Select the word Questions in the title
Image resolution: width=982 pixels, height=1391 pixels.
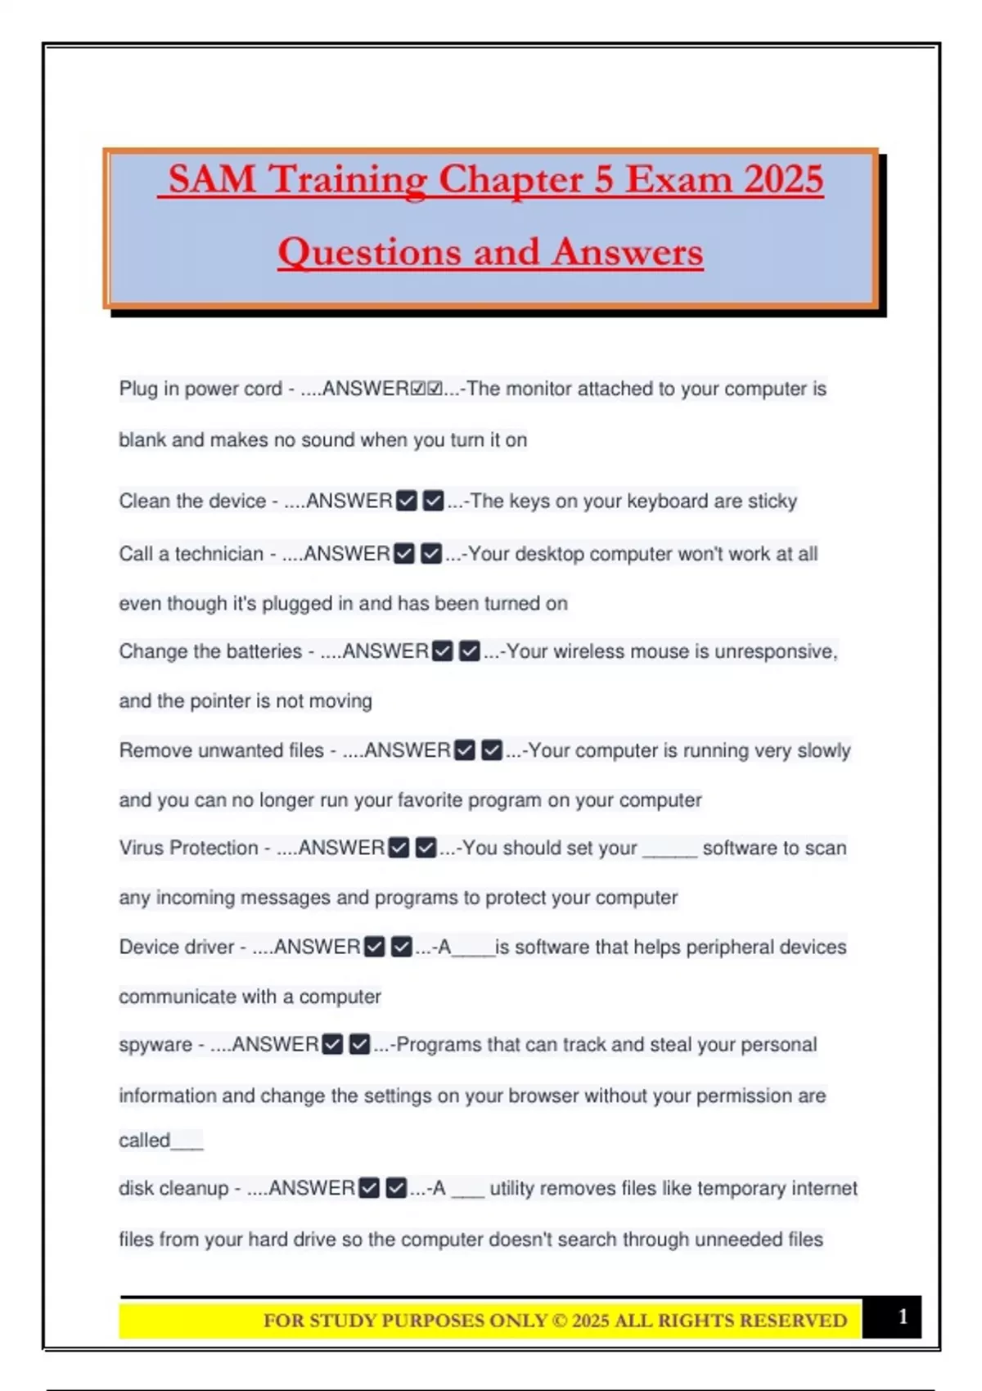pos(369,252)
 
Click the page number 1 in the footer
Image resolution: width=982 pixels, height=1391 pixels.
pos(903,1317)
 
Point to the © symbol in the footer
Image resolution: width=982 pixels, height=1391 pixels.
pos(559,1321)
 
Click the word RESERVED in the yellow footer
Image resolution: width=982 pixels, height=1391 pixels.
pos(794,1321)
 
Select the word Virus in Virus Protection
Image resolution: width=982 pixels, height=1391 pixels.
pos(141,848)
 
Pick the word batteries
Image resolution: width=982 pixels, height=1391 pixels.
pos(261,651)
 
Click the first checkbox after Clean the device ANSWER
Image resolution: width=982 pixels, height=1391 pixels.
pos(407,501)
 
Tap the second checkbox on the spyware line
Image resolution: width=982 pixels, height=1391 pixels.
pos(359,1045)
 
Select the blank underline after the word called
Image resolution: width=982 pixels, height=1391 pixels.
pos(187,1142)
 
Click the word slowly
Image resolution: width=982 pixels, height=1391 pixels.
pos(820,750)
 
